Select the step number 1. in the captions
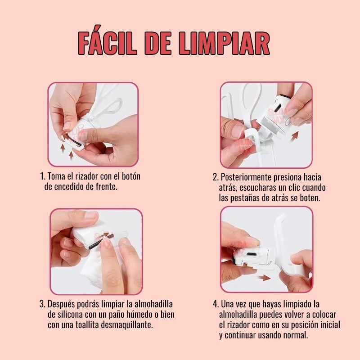click(43, 176)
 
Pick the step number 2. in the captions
click(216, 177)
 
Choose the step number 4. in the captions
click(216, 304)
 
